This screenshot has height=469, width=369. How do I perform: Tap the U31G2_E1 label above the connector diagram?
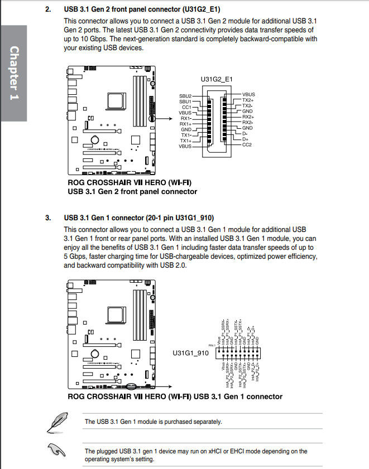(217, 80)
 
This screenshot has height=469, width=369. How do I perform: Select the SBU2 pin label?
(185, 96)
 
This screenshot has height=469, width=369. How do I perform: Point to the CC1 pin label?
(187, 107)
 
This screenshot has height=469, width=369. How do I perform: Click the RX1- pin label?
(185, 118)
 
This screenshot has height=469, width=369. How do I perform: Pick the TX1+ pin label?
(185, 141)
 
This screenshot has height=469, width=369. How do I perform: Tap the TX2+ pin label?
(247, 100)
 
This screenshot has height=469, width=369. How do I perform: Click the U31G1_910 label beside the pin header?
(190, 353)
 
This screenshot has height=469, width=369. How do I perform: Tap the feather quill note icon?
(55, 422)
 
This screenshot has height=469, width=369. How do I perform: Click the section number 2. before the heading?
(48, 9)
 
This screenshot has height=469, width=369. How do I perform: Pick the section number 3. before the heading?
(48, 217)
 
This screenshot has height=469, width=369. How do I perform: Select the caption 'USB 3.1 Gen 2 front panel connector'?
(132, 191)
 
